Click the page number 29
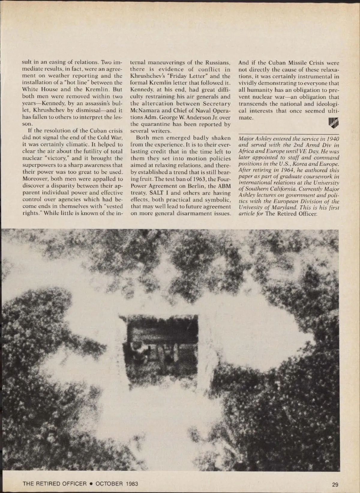[335, 484]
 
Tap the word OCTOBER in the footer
[109, 484]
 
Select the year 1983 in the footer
[132, 484]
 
